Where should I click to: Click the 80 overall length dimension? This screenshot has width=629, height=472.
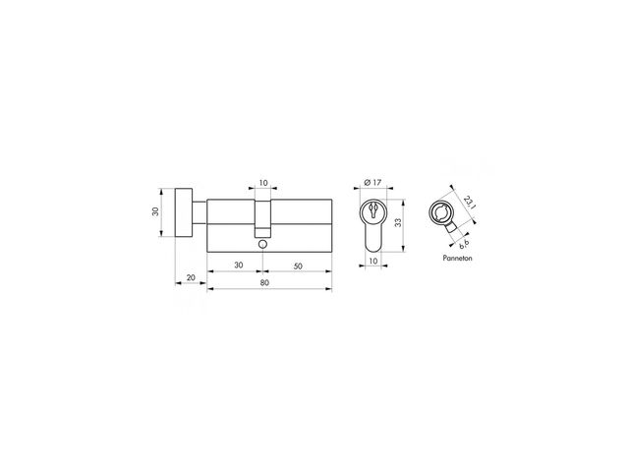[x=264, y=282]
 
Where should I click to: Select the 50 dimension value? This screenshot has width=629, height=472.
[x=298, y=266]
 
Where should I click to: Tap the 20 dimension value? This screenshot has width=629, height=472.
[x=191, y=277]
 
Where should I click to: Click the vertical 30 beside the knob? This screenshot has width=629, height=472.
[x=155, y=211]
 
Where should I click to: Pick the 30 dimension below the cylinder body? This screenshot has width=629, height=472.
[x=239, y=265]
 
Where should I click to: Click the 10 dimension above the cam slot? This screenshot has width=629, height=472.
[x=263, y=183]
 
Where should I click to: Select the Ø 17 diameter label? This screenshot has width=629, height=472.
[x=372, y=182]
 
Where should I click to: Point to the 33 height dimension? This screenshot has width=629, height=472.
[x=398, y=222]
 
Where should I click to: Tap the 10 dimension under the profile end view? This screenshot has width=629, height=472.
[x=373, y=261]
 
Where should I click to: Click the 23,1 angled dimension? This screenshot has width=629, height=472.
[x=469, y=203]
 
